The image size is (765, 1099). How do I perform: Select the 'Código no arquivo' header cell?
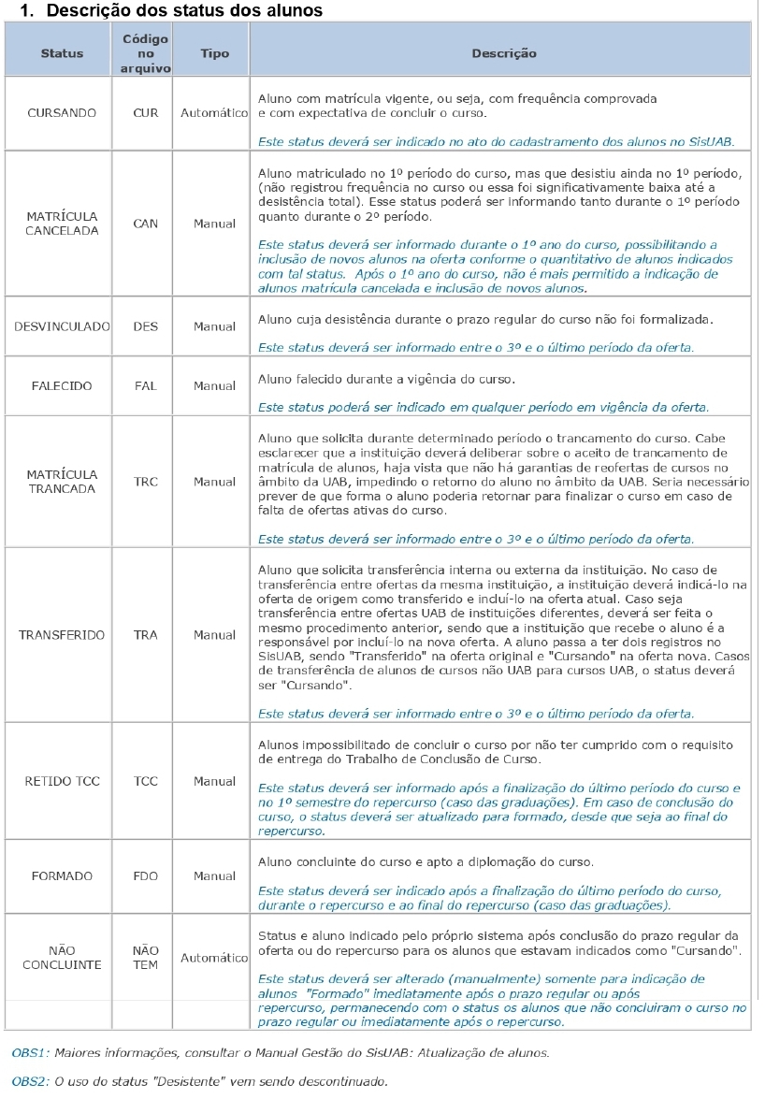pos(146,53)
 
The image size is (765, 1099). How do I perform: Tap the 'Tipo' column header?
pos(215,53)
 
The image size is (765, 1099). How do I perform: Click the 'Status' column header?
pos(62,53)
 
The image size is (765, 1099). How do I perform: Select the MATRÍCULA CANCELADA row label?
pos(62,224)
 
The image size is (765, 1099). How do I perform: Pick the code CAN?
pos(146,224)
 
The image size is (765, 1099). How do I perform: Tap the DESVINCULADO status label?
pos(62,327)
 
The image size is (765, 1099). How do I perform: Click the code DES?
pos(146,327)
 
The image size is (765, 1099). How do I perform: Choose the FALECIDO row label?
pos(62,385)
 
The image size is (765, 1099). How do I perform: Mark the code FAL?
pos(146,385)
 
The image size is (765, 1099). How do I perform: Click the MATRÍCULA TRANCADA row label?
pos(62,482)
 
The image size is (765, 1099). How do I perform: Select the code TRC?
pos(146,482)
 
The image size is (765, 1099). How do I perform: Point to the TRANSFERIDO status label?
pos(62,635)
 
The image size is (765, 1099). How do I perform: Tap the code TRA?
pos(146,635)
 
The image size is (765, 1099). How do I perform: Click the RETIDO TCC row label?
pos(62,781)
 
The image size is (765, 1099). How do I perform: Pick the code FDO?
pos(146,876)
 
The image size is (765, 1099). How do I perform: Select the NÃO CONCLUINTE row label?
pos(62,958)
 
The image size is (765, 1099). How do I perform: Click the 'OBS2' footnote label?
pos(29,1081)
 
